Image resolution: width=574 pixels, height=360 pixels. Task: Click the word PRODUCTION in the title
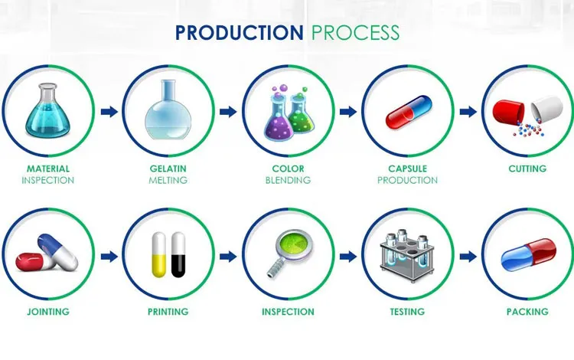[239, 33]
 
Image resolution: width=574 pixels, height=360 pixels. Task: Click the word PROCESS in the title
[355, 33]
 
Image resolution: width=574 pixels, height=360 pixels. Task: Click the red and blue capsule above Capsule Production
[407, 114]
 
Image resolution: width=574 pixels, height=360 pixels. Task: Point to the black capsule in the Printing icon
[179, 254]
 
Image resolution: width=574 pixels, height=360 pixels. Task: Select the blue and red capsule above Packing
[528, 254]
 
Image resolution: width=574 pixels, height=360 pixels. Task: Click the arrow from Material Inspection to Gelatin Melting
[108, 112]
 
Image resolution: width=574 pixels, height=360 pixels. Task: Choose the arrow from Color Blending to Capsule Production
[348, 112]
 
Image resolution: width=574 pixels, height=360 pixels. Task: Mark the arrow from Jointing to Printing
[108, 256]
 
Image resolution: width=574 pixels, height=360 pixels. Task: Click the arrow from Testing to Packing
[468, 256]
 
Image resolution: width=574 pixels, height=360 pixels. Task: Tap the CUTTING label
[527, 169]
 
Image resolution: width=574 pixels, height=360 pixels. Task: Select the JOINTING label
[47, 312]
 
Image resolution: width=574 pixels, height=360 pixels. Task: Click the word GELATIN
[168, 169]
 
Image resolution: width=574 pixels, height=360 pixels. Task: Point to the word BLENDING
[288, 181]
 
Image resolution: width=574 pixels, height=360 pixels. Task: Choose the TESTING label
[407, 312]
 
